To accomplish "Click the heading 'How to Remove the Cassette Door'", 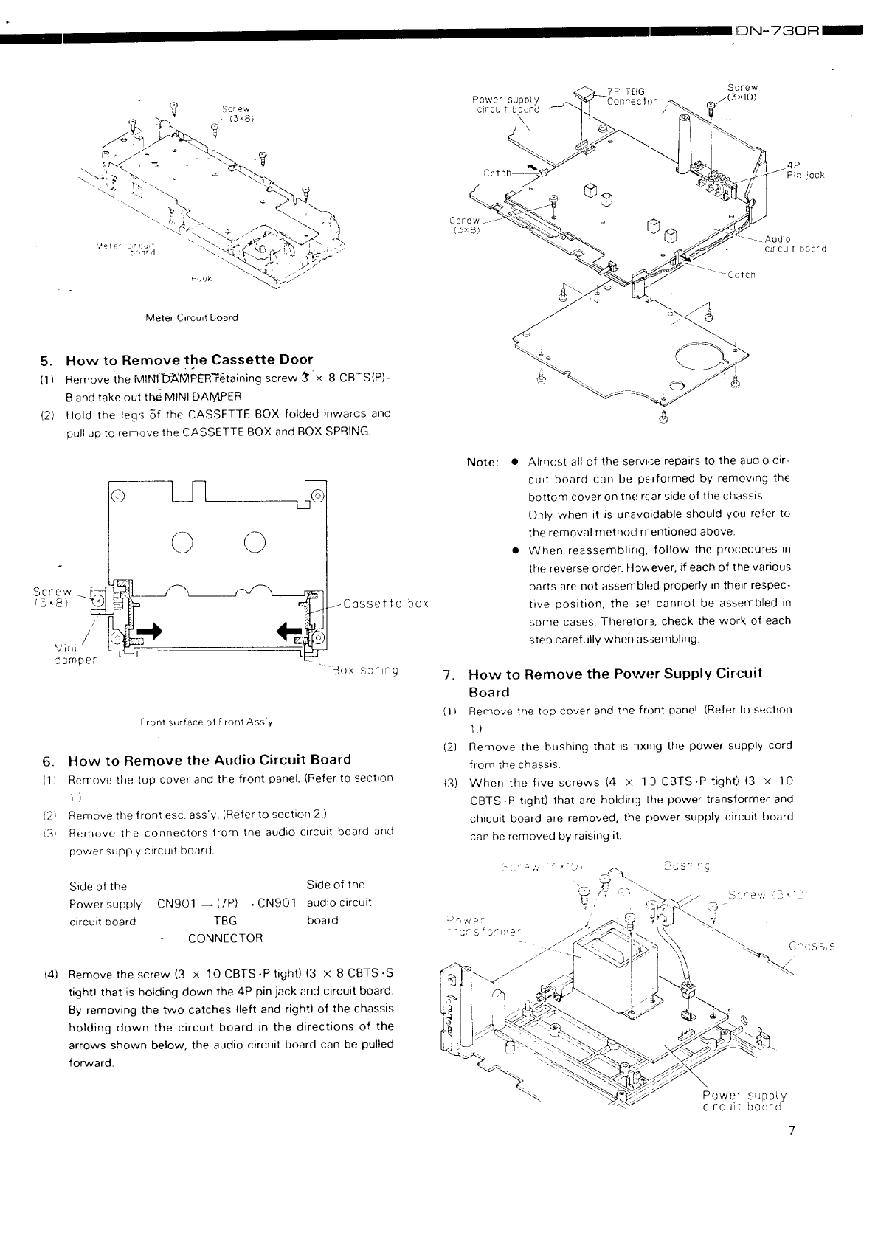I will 189,360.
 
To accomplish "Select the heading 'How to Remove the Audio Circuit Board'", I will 210,760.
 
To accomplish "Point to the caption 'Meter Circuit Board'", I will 192,318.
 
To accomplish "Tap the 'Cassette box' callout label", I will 386,604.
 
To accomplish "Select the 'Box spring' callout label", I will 365,671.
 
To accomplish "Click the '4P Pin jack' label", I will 804,170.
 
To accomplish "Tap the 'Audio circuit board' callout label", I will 795,244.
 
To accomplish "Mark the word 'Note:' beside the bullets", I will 483,463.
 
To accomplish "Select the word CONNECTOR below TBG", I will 225,938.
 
